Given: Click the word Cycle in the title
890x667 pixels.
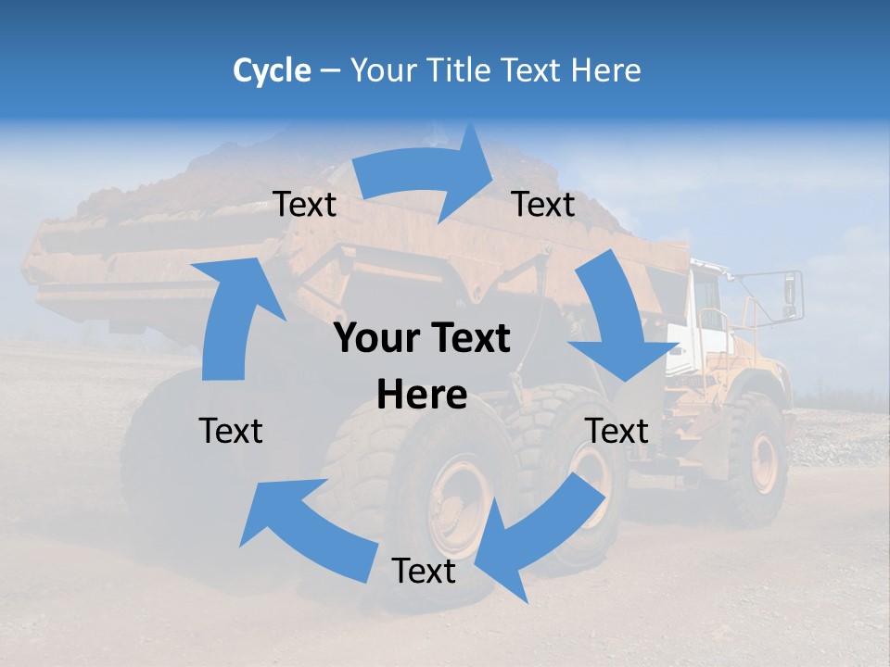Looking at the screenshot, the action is click(272, 70).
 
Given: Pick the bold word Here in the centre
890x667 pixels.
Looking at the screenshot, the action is click(422, 396).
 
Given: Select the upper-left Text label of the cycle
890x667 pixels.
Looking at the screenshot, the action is click(304, 205).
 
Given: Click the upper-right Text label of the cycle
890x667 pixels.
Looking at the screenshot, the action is click(543, 205).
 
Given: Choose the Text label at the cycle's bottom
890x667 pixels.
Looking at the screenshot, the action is click(424, 572).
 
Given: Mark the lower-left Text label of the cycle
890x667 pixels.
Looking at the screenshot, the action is click(231, 431).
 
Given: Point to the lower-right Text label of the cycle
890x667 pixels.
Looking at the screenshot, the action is click(617, 431).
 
